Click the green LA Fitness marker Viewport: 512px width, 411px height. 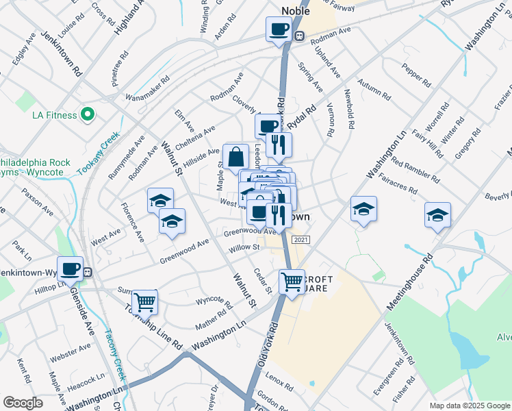pos(88,114)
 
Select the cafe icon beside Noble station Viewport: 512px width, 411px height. pos(279,29)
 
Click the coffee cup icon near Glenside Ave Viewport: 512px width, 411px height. pos(70,269)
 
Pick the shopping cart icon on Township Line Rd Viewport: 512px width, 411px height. pos(145,301)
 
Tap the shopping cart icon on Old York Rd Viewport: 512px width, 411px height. pos(292,281)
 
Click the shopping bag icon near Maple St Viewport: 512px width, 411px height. pos(235,156)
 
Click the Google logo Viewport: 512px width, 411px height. pos(23,403)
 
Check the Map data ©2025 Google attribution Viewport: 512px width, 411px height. pos(469,406)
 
